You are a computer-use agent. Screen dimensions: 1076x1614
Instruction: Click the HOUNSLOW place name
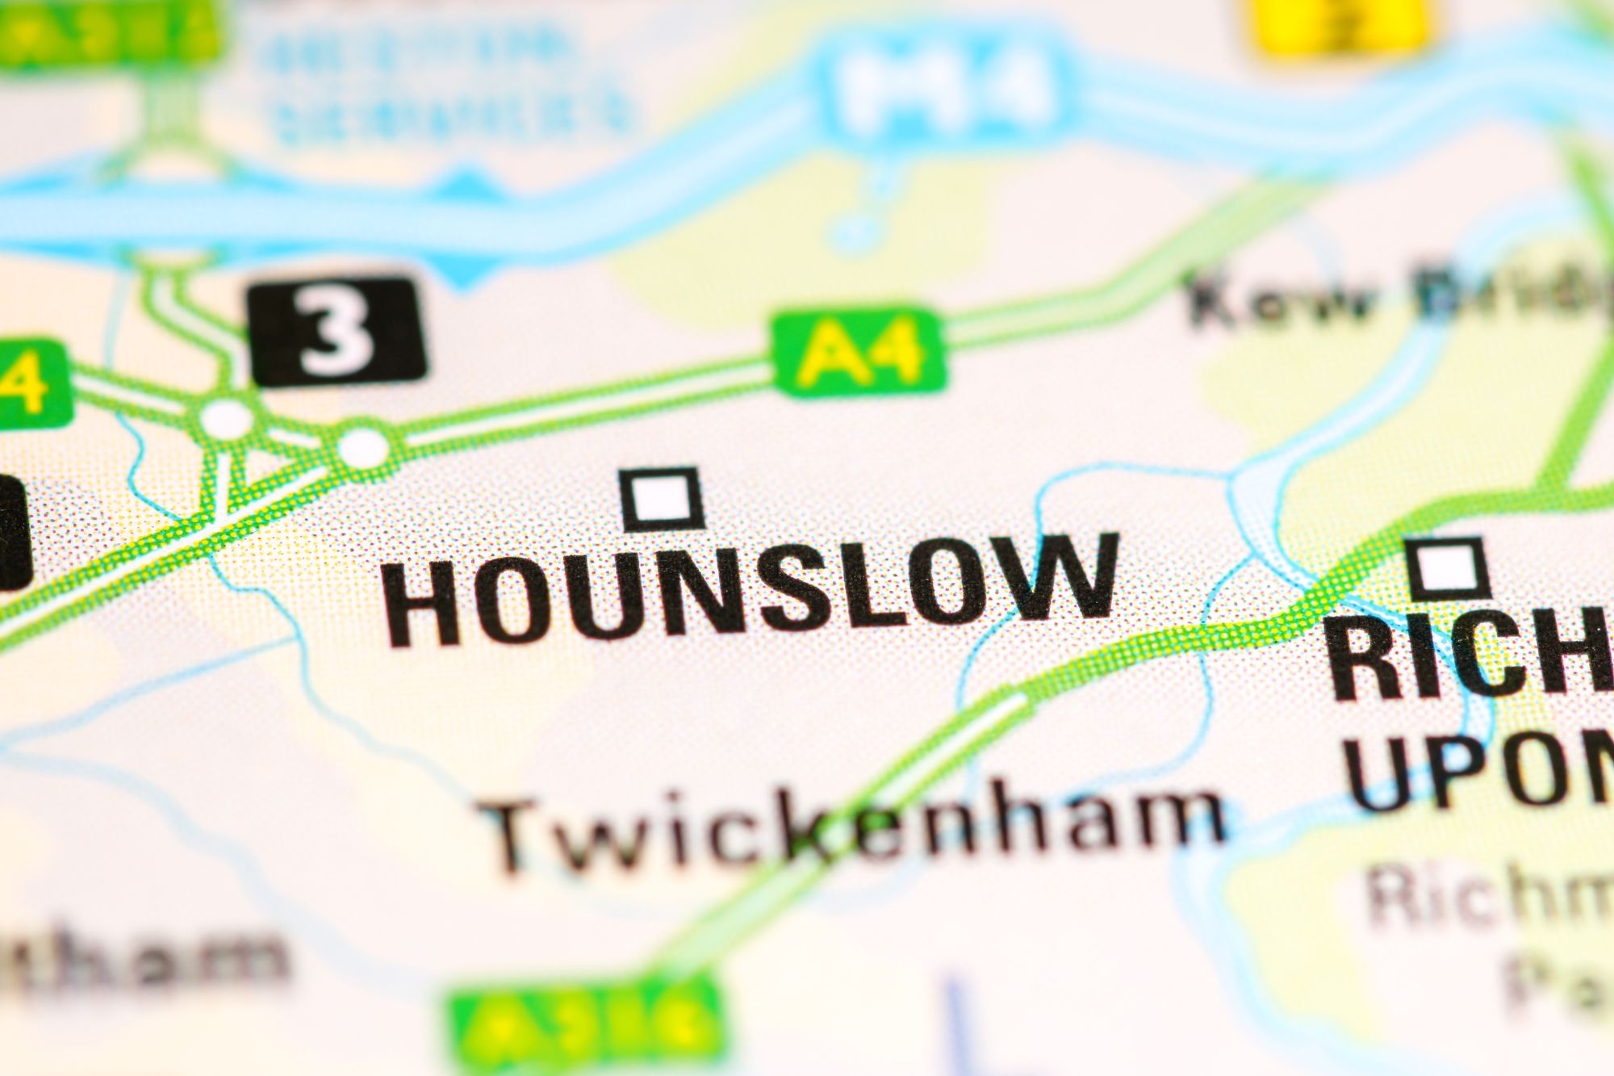pyautogui.click(x=751, y=589)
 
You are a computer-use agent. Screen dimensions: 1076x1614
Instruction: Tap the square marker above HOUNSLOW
pyautogui.click(x=662, y=498)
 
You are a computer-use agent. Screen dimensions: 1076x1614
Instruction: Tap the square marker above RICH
pyautogui.click(x=1449, y=567)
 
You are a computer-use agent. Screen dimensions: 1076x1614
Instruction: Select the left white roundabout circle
pyautogui.click(x=227, y=419)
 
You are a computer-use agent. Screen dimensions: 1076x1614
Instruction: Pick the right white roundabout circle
pyautogui.click(x=363, y=445)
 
